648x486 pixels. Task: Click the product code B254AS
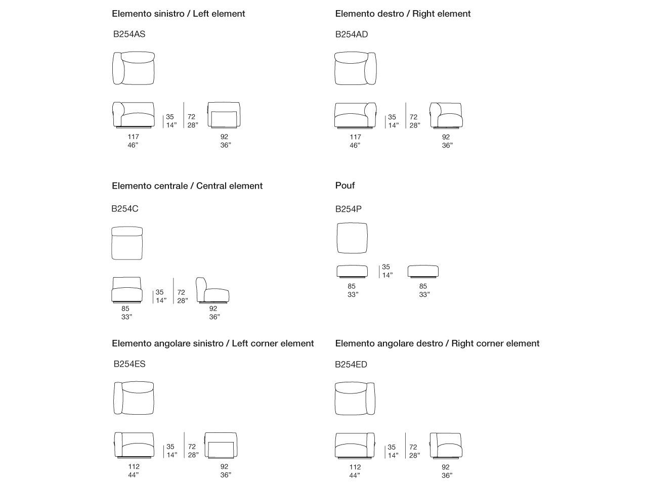(129, 34)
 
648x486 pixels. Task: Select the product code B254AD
(352, 34)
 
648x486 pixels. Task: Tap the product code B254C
(125, 208)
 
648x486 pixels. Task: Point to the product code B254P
(349, 209)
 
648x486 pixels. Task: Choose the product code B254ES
(129, 364)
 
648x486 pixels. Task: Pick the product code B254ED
(351, 365)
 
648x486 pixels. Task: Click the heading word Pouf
(345, 186)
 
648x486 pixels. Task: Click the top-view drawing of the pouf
(352, 238)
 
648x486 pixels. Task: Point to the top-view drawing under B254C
(127, 243)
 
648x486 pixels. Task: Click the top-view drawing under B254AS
(133, 68)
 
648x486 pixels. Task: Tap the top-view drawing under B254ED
(355, 399)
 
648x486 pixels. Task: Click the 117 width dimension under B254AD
(355, 137)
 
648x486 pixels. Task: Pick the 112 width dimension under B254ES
(134, 466)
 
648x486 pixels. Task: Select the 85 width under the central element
(125, 308)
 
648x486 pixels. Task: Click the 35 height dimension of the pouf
(386, 267)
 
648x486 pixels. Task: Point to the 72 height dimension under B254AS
(192, 117)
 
